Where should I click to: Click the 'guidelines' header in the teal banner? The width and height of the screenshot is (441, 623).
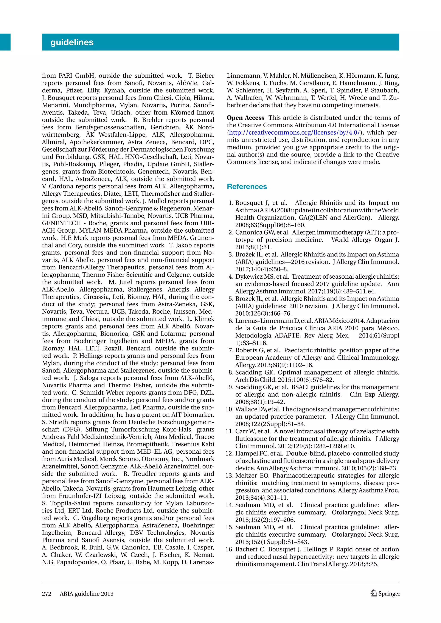click(72, 42)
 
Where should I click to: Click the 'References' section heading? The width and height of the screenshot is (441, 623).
click(247, 187)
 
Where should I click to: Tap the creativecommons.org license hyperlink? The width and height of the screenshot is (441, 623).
click(295, 133)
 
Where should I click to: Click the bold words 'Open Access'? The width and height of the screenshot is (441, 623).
click(245, 118)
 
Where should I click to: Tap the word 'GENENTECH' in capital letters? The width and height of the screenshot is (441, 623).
click(61, 223)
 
